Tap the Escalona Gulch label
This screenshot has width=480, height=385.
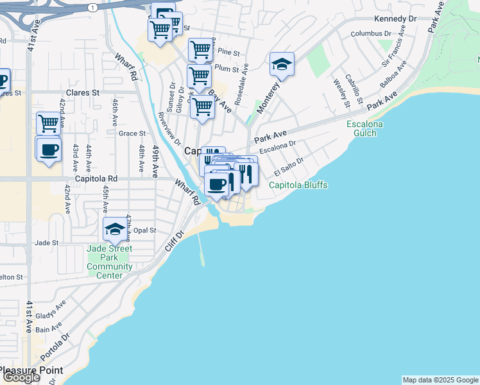(x=365, y=128)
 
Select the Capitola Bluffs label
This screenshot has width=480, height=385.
(x=298, y=185)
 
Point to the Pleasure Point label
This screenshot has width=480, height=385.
(x=31, y=370)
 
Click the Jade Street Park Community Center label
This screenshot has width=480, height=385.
(x=110, y=262)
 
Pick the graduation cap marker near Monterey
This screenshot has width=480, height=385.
(x=282, y=64)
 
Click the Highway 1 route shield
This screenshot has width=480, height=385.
(x=93, y=7)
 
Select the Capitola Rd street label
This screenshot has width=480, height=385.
(x=96, y=179)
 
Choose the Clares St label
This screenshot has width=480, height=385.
(x=83, y=92)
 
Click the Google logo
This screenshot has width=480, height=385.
(x=21, y=377)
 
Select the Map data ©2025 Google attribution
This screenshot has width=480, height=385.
(x=440, y=380)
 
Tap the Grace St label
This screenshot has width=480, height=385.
(x=132, y=133)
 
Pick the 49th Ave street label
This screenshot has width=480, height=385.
(x=155, y=160)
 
